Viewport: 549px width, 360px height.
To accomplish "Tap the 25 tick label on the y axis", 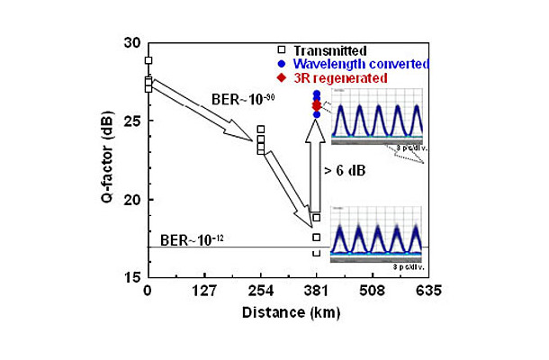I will tap(132, 121).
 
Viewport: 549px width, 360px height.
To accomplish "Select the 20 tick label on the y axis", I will tap(132, 200).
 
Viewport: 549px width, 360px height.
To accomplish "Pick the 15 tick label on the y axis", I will tap(132, 277).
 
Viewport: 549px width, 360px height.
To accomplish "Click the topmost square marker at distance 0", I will tap(148, 61).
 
